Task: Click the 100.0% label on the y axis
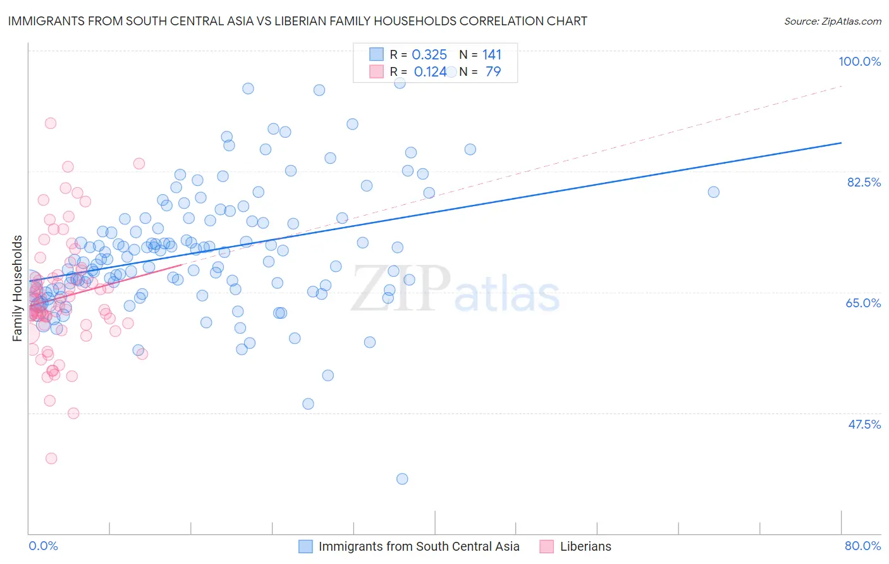click(859, 61)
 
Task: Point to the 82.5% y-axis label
click(864, 182)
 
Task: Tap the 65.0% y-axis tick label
click(863, 303)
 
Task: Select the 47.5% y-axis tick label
click(864, 424)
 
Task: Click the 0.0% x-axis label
click(43, 546)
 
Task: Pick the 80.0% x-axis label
click(862, 546)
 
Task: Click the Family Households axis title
click(18, 288)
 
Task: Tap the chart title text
click(297, 21)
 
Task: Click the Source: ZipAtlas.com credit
click(832, 21)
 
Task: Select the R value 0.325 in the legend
click(429, 55)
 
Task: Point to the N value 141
click(491, 55)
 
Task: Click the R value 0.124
click(430, 72)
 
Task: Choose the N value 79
click(493, 72)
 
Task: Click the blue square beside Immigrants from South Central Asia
click(305, 546)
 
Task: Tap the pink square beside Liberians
click(547, 546)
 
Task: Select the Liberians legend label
click(586, 546)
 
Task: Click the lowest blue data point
click(402, 479)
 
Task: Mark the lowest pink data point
click(51, 458)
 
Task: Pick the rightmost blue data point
click(713, 192)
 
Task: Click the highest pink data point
click(51, 123)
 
